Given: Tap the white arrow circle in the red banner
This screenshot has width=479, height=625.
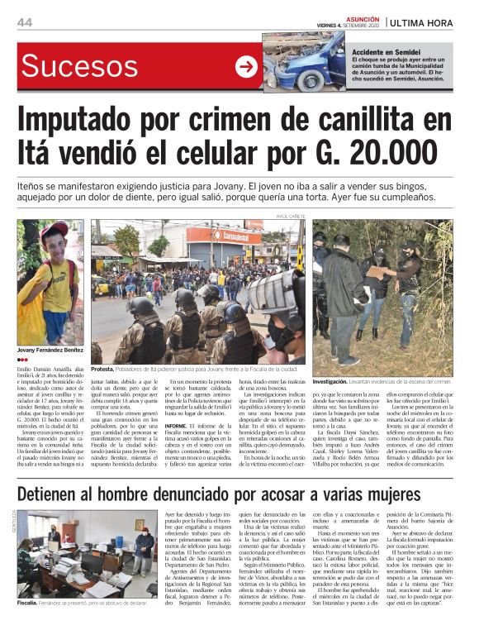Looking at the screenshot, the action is click(246, 67).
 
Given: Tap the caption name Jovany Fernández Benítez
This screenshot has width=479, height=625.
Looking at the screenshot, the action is click(50, 350).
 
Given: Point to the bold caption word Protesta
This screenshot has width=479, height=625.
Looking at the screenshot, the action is click(102, 369).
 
